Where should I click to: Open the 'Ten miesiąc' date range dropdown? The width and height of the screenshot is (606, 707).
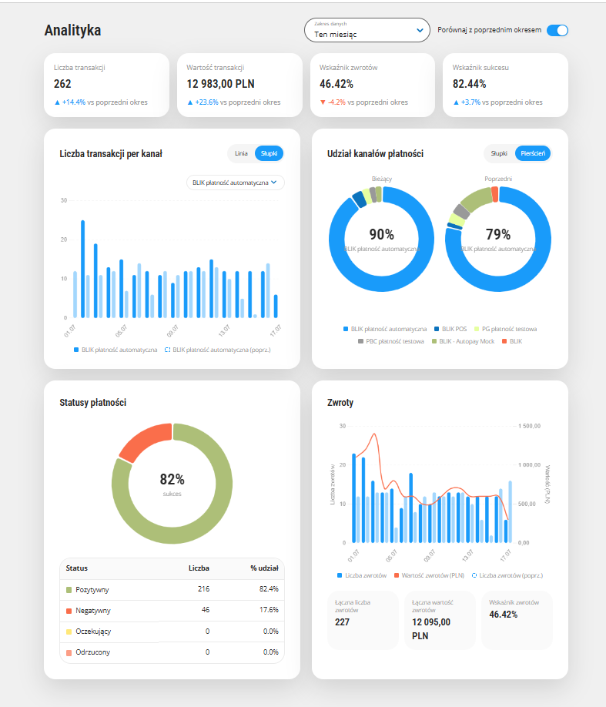pos(367,30)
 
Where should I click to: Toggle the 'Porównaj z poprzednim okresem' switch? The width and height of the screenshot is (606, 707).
pos(557,30)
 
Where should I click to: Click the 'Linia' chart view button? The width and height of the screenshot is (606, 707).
pos(241,153)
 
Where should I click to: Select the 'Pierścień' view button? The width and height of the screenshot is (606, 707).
pos(533,153)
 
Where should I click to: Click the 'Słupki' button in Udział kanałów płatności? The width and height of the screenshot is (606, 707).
pos(499,153)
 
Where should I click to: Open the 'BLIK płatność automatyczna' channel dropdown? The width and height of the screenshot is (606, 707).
pos(236,183)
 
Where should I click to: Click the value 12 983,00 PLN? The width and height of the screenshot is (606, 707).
pos(220,84)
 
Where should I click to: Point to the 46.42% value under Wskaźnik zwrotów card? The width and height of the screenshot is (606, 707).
pos(336,84)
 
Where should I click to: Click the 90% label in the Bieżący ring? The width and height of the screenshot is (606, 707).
pos(381,234)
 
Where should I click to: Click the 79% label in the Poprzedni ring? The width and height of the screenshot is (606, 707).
pos(498,234)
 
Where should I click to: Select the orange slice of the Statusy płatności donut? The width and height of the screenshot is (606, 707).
pos(143,440)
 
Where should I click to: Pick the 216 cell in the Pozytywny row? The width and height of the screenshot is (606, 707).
pos(203,589)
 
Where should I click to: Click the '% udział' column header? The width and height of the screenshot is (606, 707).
pos(265,568)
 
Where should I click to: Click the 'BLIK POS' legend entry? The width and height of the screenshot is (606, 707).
pos(450,329)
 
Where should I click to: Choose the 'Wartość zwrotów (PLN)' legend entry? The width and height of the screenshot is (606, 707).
pos(429,575)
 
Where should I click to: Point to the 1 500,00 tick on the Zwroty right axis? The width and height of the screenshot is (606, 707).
pos(529,426)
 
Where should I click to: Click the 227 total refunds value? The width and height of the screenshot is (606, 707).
pos(342,622)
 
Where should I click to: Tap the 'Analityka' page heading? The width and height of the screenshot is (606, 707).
pos(72,30)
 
